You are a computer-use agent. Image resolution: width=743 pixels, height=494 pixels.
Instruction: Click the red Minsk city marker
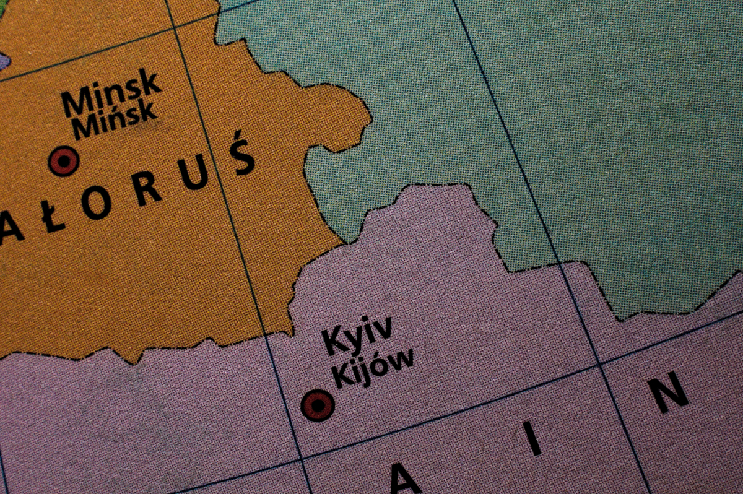[x=64, y=161]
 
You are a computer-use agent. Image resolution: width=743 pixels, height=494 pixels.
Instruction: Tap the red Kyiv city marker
[x=318, y=406]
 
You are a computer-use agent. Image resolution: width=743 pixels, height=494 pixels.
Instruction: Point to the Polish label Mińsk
[x=113, y=119]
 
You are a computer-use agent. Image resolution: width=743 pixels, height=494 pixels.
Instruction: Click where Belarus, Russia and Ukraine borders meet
[x=342, y=243]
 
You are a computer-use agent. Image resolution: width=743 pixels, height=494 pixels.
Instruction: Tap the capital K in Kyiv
[x=332, y=342]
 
